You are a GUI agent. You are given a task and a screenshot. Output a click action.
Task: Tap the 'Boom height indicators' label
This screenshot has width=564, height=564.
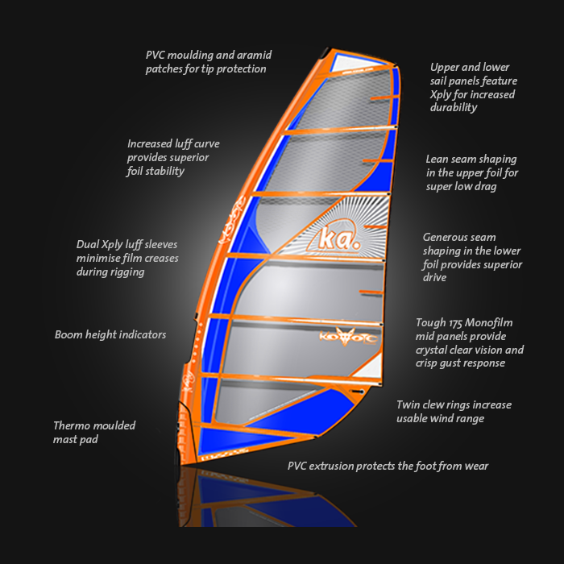tap(110, 334)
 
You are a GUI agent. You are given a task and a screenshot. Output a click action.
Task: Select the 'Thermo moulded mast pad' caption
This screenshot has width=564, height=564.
tap(94, 432)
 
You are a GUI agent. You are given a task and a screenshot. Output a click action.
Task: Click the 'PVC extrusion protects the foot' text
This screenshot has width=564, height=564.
tap(388, 466)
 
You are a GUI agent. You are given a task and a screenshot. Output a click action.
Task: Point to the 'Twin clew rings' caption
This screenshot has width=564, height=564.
tap(454, 412)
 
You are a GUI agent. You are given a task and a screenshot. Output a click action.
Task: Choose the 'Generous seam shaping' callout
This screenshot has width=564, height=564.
tap(472, 257)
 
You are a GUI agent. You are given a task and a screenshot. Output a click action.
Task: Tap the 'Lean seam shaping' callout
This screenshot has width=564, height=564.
tap(471, 172)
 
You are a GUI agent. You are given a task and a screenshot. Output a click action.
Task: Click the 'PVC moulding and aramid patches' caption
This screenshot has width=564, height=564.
tap(209, 62)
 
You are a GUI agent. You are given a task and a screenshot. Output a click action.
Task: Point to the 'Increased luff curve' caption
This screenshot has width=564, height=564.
tap(173, 157)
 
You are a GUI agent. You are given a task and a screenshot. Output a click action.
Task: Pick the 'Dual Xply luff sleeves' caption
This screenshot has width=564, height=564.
tap(126, 258)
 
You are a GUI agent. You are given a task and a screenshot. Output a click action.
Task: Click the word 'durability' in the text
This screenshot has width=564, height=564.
tap(454, 107)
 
